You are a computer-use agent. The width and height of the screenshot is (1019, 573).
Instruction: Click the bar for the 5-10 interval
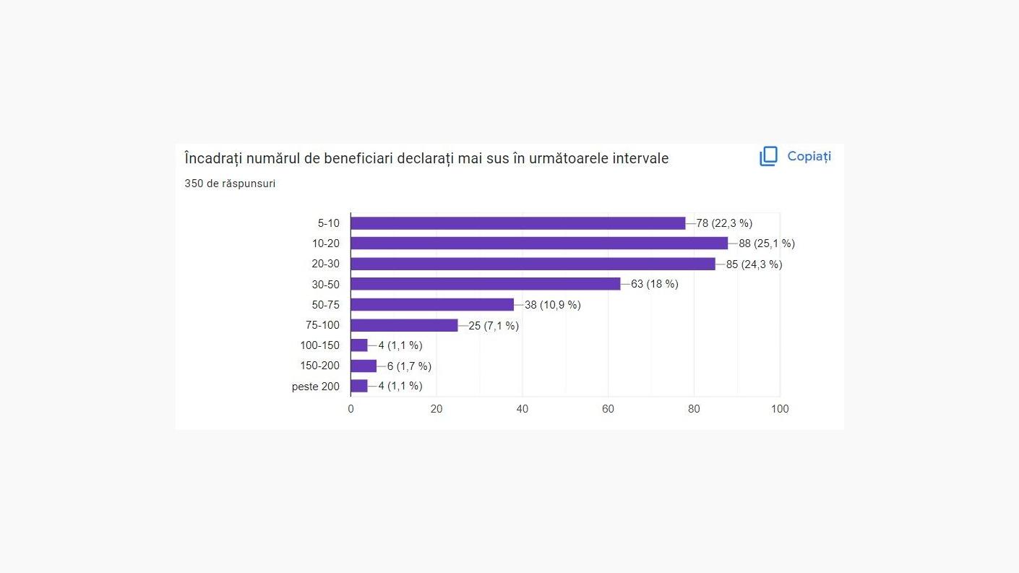[x=517, y=223]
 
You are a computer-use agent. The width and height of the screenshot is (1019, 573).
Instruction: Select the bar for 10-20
[x=539, y=244]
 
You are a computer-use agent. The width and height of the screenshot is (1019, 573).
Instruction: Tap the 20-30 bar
[x=533, y=264]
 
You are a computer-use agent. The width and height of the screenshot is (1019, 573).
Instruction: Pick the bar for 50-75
[x=432, y=305]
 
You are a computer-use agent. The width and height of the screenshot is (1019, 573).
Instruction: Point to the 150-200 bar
[x=364, y=366]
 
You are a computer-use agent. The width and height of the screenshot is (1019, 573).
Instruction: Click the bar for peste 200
[x=359, y=386]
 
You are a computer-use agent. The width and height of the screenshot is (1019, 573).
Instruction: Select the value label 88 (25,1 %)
[x=766, y=244]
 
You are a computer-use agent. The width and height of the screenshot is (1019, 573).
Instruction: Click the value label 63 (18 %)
[x=654, y=284]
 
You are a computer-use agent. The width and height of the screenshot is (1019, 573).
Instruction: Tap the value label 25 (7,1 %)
[x=493, y=326]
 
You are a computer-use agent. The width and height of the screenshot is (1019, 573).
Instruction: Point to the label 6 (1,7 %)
[x=408, y=366]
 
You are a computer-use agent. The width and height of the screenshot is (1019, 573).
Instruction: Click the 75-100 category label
[x=322, y=325]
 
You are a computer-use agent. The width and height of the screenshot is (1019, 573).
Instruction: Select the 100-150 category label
[x=319, y=345]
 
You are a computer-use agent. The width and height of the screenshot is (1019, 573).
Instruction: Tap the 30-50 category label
[x=325, y=284]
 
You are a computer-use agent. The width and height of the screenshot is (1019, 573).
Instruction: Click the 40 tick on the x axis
[x=522, y=409]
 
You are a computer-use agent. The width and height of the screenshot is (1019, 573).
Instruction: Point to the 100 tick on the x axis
[x=780, y=409]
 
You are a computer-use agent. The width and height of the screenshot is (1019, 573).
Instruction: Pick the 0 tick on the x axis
[x=351, y=409]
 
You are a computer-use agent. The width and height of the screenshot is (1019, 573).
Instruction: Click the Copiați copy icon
[x=768, y=156]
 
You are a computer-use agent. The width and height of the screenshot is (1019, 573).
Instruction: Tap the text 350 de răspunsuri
[x=230, y=184]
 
